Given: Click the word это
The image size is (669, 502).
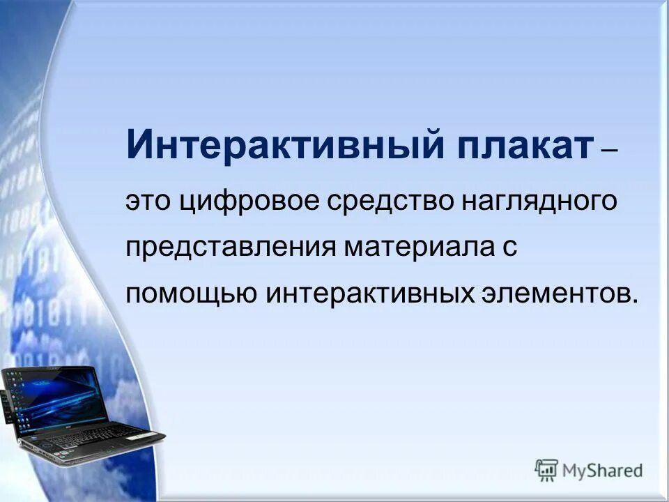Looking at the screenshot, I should click(x=148, y=202).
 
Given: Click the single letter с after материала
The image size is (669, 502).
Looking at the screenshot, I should click(x=509, y=250).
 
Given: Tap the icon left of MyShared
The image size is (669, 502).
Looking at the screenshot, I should click(x=546, y=471).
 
